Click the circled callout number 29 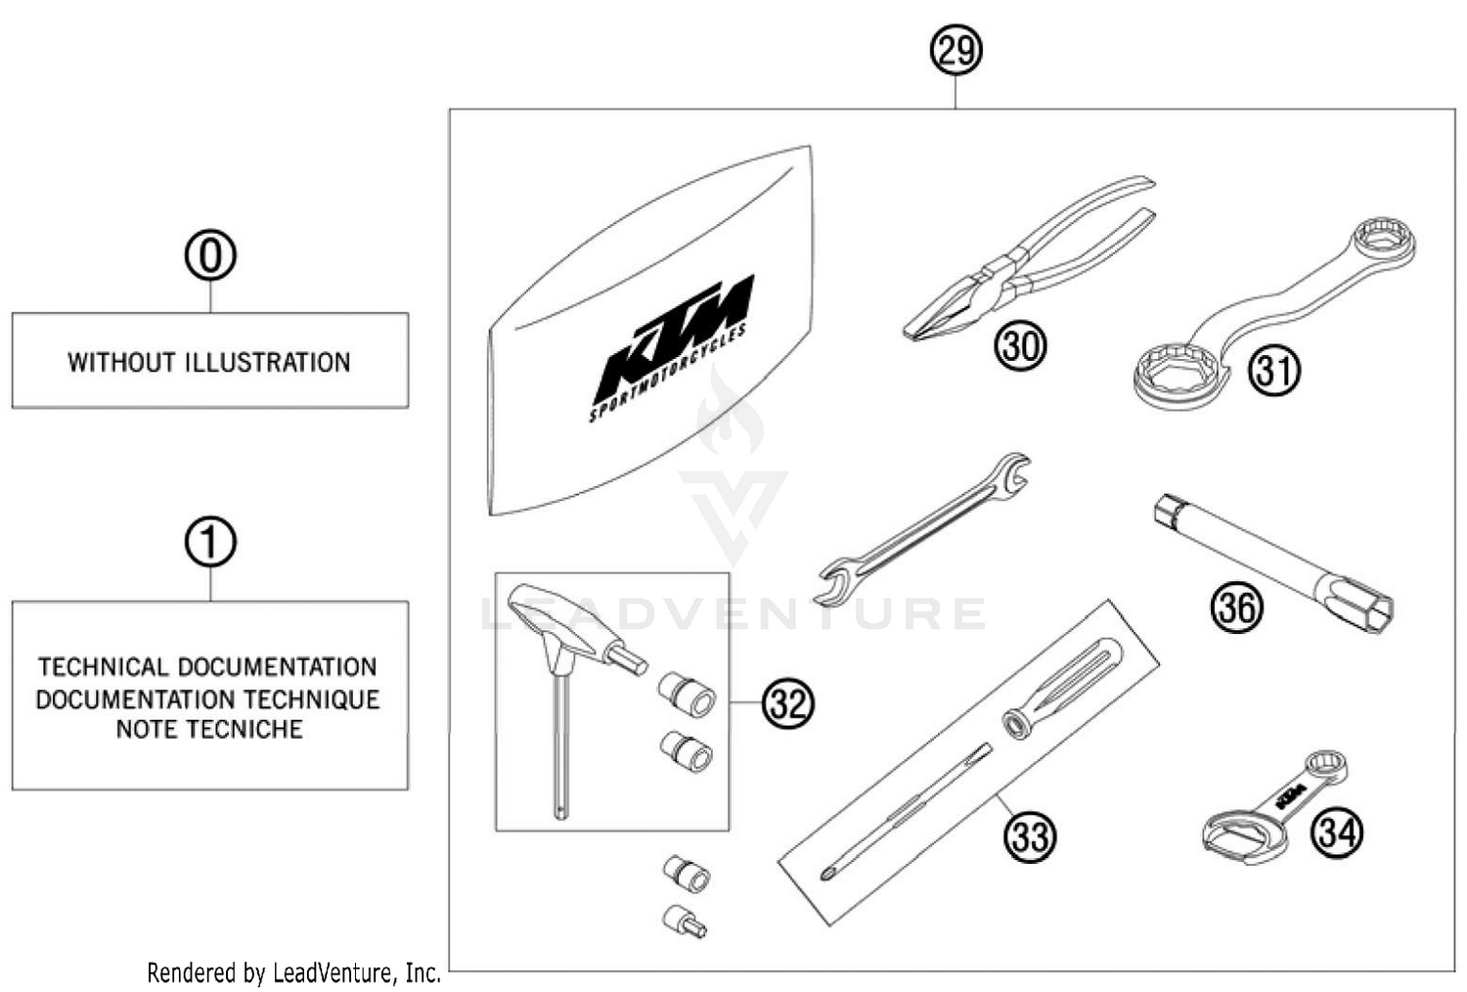point(956,51)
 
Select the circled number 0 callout point(210,255)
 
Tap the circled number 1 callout point(210,543)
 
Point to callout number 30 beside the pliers point(1020,345)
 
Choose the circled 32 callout point(788,702)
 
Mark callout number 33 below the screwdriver point(1030,836)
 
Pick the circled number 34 point(1337,832)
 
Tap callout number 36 point(1236,607)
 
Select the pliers point(1027,259)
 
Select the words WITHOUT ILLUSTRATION point(209,363)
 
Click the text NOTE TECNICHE point(209,730)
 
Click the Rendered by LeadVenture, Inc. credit point(293,973)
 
